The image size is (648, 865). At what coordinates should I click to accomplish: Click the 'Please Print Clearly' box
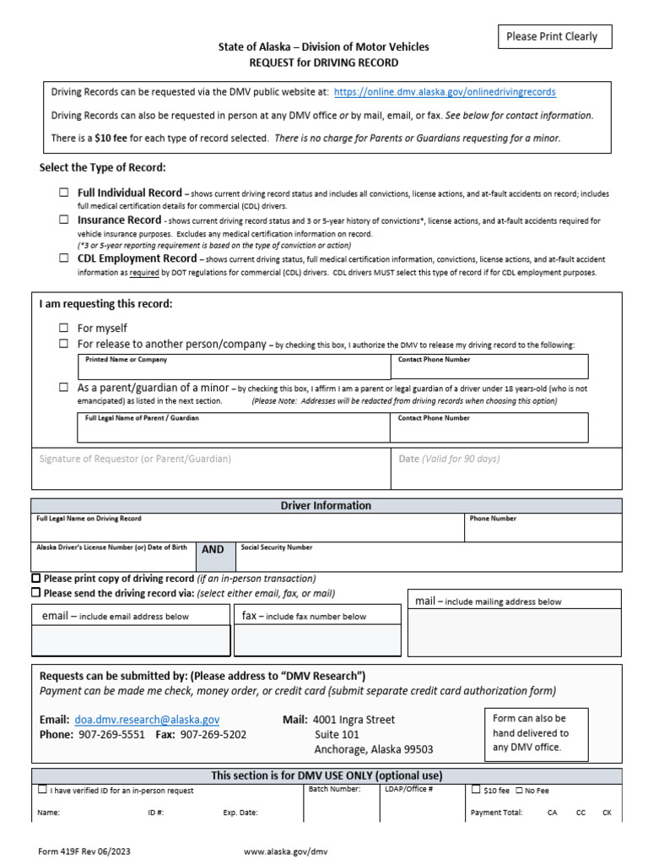click(552, 36)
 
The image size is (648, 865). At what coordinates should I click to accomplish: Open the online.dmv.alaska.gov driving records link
click(445, 91)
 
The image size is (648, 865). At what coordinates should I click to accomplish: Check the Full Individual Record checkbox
click(64, 193)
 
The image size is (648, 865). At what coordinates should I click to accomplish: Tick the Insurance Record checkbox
click(64, 220)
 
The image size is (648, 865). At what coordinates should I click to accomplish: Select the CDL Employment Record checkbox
click(64, 258)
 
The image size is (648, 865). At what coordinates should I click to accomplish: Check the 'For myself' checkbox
click(64, 328)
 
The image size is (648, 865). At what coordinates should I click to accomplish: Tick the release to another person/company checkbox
click(64, 344)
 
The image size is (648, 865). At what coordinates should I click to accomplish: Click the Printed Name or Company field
click(233, 367)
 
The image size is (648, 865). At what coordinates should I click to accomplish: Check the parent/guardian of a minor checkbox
click(64, 387)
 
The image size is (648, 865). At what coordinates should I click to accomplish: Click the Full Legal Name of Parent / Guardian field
click(233, 427)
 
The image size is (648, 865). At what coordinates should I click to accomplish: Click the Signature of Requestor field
click(211, 469)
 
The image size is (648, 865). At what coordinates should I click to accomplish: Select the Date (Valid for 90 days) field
click(506, 469)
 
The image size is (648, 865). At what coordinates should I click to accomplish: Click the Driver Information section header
click(326, 505)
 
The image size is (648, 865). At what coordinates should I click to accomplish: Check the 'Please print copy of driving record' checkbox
click(36, 579)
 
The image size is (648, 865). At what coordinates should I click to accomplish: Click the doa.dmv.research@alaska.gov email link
click(147, 720)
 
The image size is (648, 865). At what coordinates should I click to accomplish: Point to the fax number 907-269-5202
click(213, 735)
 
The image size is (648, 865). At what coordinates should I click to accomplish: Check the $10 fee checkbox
click(477, 790)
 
